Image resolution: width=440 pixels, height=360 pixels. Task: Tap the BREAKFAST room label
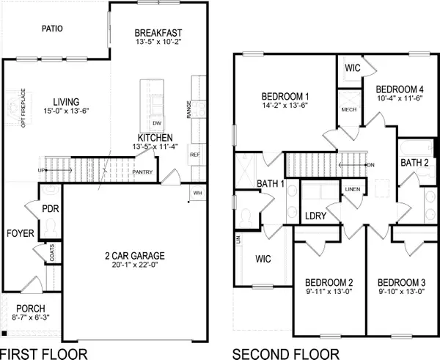point(158,33)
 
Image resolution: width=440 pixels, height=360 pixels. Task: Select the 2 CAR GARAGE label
point(133,256)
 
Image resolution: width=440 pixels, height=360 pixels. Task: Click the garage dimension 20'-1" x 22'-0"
point(133,265)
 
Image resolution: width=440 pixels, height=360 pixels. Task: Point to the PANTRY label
point(142,173)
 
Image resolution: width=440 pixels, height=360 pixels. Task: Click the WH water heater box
point(197,193)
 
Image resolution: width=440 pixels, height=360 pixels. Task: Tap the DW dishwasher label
point(155,123)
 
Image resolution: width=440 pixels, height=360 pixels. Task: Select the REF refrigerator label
point(195,155)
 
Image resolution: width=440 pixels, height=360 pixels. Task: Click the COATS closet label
point(51,253)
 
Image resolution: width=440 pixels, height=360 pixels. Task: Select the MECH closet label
point(349,109)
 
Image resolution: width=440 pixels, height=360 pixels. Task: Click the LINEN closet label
point(353,189)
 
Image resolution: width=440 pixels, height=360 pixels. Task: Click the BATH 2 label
point(415,162)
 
